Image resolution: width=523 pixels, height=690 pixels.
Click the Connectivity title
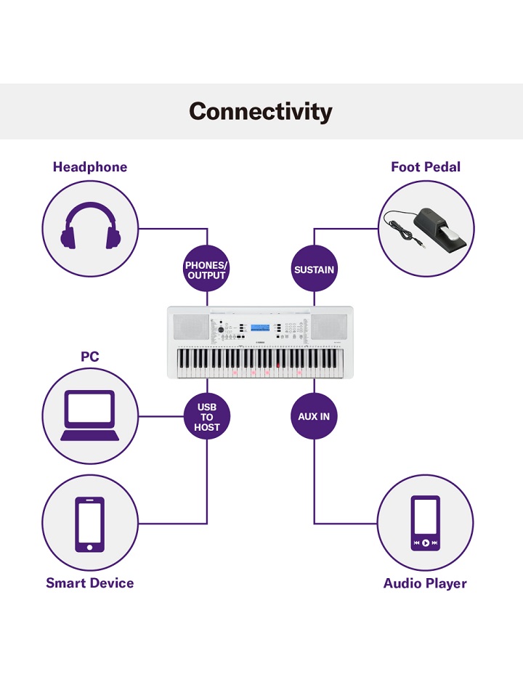click(261, 112)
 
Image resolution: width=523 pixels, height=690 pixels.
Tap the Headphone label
click(90, 167)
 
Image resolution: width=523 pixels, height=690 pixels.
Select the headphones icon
click(91, 227)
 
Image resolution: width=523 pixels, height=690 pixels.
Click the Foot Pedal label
click(426, 167)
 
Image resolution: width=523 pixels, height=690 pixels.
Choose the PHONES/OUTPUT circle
click(206, 270)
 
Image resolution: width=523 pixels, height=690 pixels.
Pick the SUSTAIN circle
click(314, 269)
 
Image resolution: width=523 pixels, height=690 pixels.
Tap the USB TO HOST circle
click(207, 417)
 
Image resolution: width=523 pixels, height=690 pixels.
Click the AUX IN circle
click(314, 417)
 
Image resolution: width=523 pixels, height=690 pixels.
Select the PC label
click(89, 357)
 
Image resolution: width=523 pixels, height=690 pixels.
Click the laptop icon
click(90, 416)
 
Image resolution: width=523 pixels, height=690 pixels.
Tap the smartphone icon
click(90, 524)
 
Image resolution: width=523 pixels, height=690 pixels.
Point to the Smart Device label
click(90, 583)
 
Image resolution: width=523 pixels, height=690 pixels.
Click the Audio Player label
click(425, 583)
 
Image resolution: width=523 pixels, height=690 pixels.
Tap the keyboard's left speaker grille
click(191, 325)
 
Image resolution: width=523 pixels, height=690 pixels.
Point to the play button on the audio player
click(425, 543)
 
